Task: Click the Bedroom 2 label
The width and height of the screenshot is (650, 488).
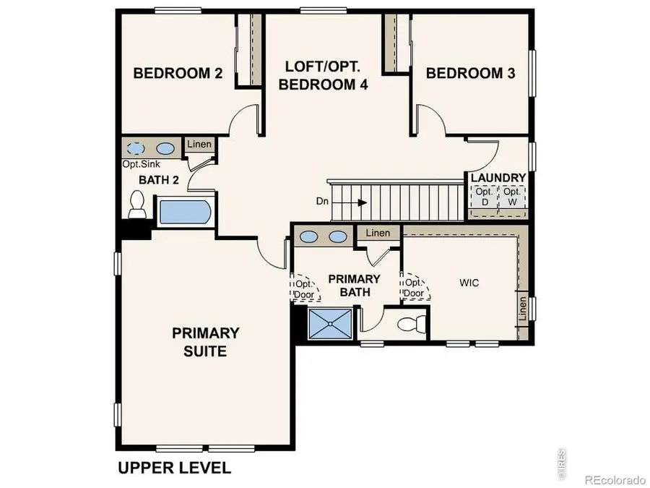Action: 178,73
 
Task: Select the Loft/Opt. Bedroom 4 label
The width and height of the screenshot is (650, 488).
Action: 324,75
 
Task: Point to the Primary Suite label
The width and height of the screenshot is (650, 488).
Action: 205,342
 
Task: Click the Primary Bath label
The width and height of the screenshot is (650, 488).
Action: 354,286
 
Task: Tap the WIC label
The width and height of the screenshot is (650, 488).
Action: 469,283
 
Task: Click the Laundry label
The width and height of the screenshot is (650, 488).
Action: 498,178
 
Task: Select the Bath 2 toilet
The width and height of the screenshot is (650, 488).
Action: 136,205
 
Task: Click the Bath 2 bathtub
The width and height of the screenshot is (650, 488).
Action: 184,212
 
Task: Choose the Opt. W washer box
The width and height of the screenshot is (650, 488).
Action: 511,197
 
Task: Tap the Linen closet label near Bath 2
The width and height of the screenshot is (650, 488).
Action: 199,145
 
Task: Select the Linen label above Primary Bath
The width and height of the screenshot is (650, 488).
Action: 377,233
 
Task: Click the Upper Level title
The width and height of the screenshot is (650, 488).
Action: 174,468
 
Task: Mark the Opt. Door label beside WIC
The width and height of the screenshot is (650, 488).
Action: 414,288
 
